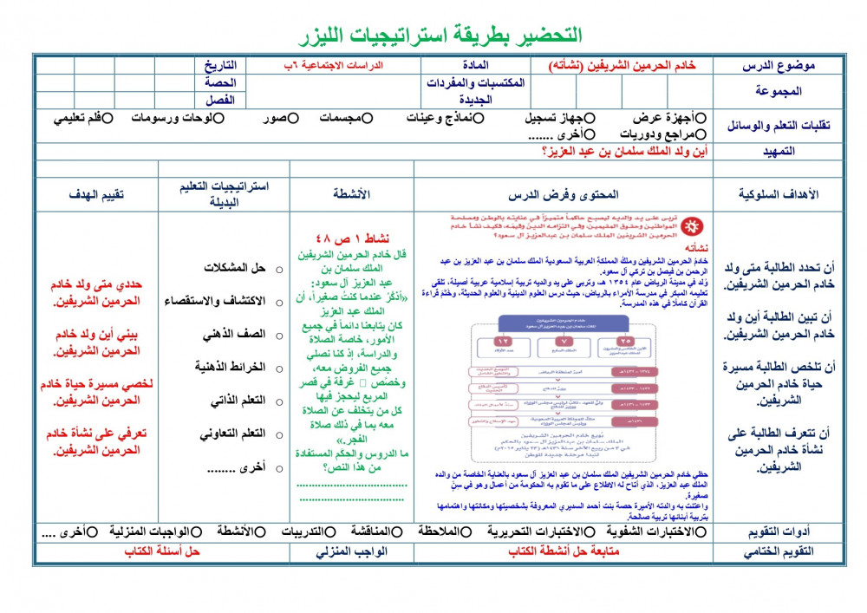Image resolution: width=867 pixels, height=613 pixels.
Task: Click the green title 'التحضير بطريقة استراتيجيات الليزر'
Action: coord(433,36)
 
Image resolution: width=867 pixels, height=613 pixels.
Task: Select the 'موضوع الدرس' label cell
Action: coord(779,66)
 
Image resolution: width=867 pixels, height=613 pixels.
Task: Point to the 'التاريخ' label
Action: coord(222,66)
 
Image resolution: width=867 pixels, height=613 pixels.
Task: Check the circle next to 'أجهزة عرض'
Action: coord(701,118)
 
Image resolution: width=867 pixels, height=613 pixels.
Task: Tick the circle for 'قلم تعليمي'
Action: coord(108,118)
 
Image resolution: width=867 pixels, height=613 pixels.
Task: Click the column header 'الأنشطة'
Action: coord(351,195)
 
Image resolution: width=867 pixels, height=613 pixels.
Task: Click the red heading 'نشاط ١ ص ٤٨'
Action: coord(351,238)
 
